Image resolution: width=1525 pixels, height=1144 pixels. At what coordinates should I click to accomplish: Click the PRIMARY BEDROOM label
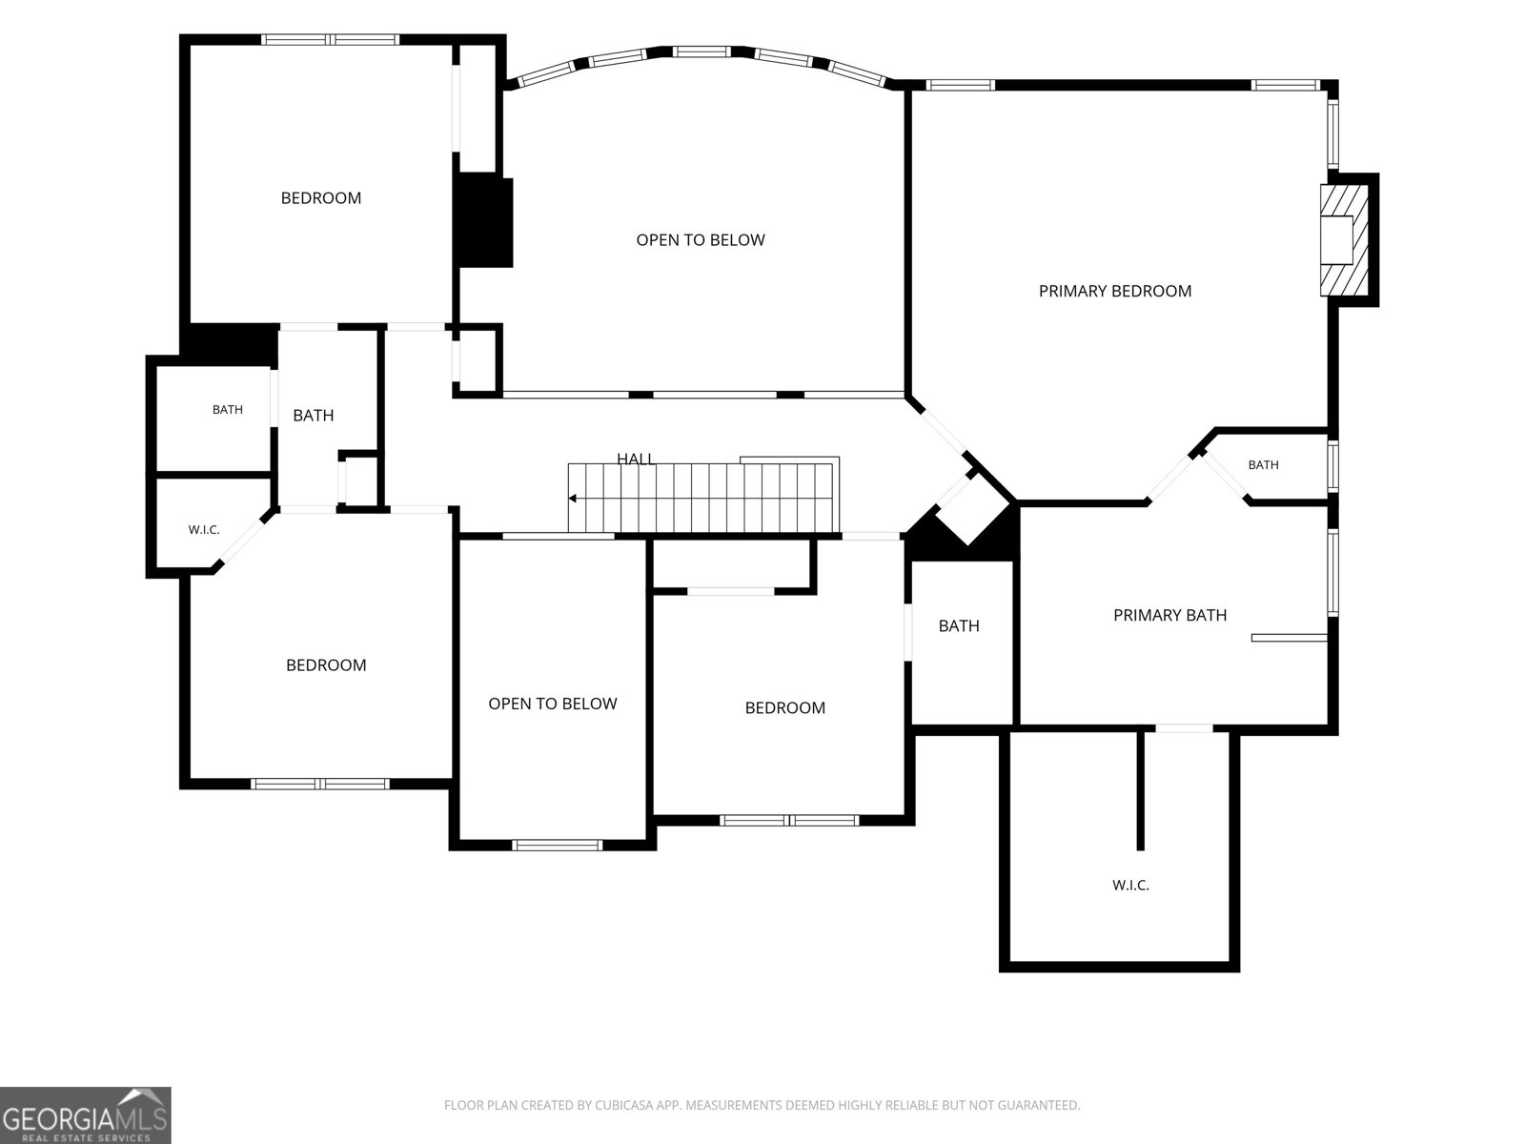[x=1114, y=291]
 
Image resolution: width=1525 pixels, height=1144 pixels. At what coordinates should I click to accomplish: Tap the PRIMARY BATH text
[x=1170, y=615]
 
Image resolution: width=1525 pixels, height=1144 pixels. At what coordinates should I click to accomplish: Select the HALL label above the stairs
[x=635, y=459]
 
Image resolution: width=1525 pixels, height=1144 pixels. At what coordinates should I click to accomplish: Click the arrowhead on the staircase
[x=573, y=498]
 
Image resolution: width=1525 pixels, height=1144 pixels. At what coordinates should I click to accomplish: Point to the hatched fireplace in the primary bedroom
[x=1344, y=239]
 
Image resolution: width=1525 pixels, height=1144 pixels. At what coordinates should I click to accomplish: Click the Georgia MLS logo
[x=86, y=1114]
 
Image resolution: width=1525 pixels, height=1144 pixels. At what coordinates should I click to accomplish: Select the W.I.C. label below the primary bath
[x=1130, y=885]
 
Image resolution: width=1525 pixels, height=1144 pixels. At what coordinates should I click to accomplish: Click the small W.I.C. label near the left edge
[x=204, y=530]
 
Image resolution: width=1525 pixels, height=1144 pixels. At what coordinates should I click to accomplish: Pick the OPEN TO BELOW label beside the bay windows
[x=701, y=240]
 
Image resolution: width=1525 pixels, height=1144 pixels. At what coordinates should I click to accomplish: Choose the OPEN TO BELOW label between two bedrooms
[x=552, y=704]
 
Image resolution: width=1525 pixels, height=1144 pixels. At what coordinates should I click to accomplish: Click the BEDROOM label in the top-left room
[x=321, y=198]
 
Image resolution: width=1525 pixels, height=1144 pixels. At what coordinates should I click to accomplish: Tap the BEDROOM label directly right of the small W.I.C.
[x=326, y=664]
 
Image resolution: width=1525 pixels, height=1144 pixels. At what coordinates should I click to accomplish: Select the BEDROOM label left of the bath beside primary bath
[x=785, y=707]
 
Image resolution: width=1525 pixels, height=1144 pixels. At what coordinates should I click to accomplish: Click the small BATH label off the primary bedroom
[x=1263, y=464]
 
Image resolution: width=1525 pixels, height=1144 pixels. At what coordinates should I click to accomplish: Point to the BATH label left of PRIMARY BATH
[x=959, y=625]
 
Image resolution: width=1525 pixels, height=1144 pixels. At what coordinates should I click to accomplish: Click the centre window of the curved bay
[x=701, y=51]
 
